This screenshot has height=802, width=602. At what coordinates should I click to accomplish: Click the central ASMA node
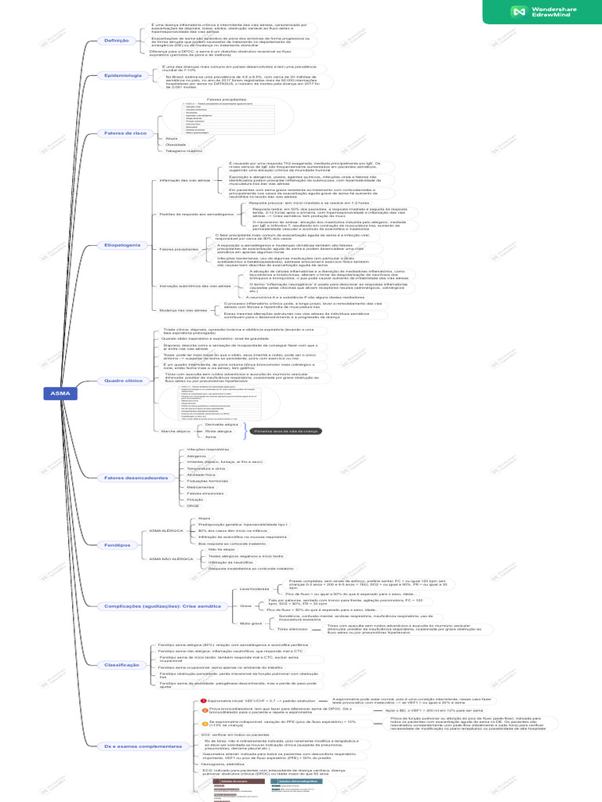(60, 393)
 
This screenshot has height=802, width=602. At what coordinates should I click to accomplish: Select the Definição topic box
(116, 40)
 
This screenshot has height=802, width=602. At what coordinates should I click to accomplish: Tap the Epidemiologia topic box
(122, 75)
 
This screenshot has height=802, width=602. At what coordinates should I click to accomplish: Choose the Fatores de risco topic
(125, 133)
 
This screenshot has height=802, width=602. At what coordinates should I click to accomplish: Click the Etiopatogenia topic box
(122, 245)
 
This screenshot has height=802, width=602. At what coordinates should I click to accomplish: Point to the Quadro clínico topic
(123, 381)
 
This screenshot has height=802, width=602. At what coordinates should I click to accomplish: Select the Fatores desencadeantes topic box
(136, 477)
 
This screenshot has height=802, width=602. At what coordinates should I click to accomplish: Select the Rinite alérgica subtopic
(219, 432)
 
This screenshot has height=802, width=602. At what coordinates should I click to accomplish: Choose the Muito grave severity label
(251, 623)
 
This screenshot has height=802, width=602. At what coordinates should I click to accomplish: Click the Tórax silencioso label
(270, 629)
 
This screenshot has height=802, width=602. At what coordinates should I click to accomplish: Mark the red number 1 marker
(204, 701)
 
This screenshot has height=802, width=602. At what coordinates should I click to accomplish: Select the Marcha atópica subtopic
(176, 432)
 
